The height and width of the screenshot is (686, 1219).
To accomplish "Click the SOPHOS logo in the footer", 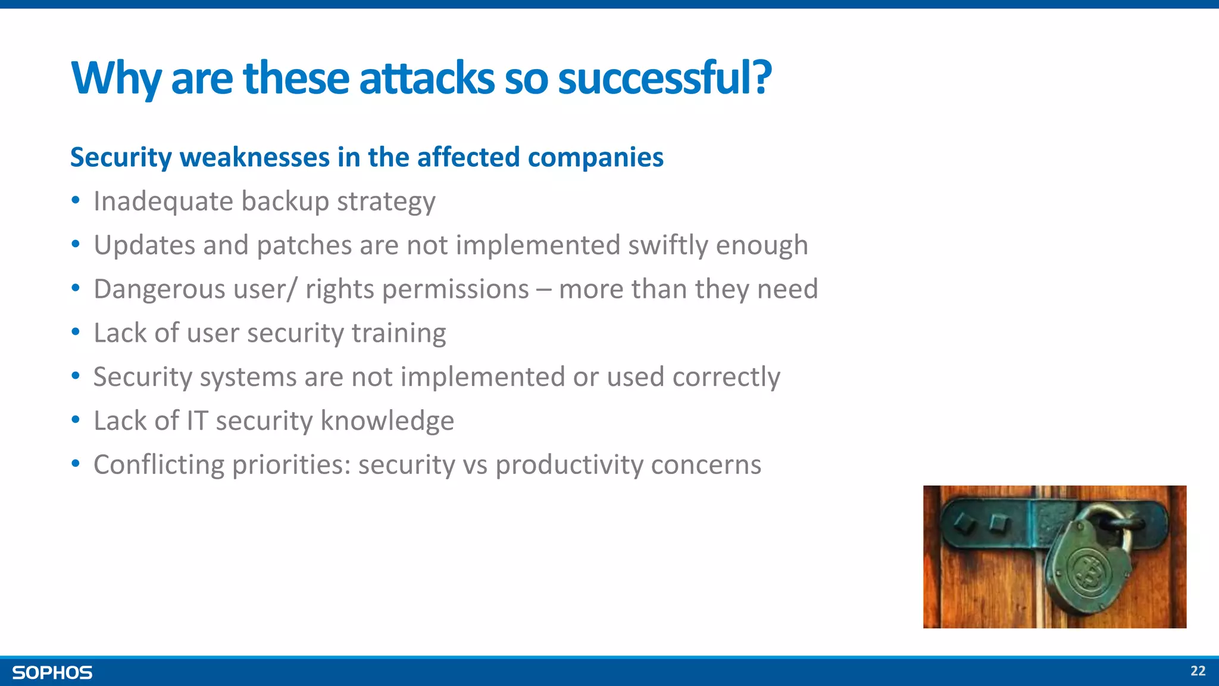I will (52, 673).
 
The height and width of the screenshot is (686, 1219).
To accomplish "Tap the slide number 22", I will (1198, 671).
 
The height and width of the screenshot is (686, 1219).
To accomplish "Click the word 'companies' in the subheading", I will (595, 158).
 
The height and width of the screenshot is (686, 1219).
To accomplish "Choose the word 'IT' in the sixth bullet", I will (197, 421).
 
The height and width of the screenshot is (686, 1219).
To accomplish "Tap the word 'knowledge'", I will (387, 421).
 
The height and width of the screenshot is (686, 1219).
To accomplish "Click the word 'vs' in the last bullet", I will (475, 465).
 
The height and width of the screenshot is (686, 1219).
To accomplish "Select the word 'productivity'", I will (570, 465).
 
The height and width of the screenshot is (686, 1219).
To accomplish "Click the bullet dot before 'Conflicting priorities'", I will (75, 463).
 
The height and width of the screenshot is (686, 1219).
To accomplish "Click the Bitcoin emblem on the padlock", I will (1087, 571).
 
